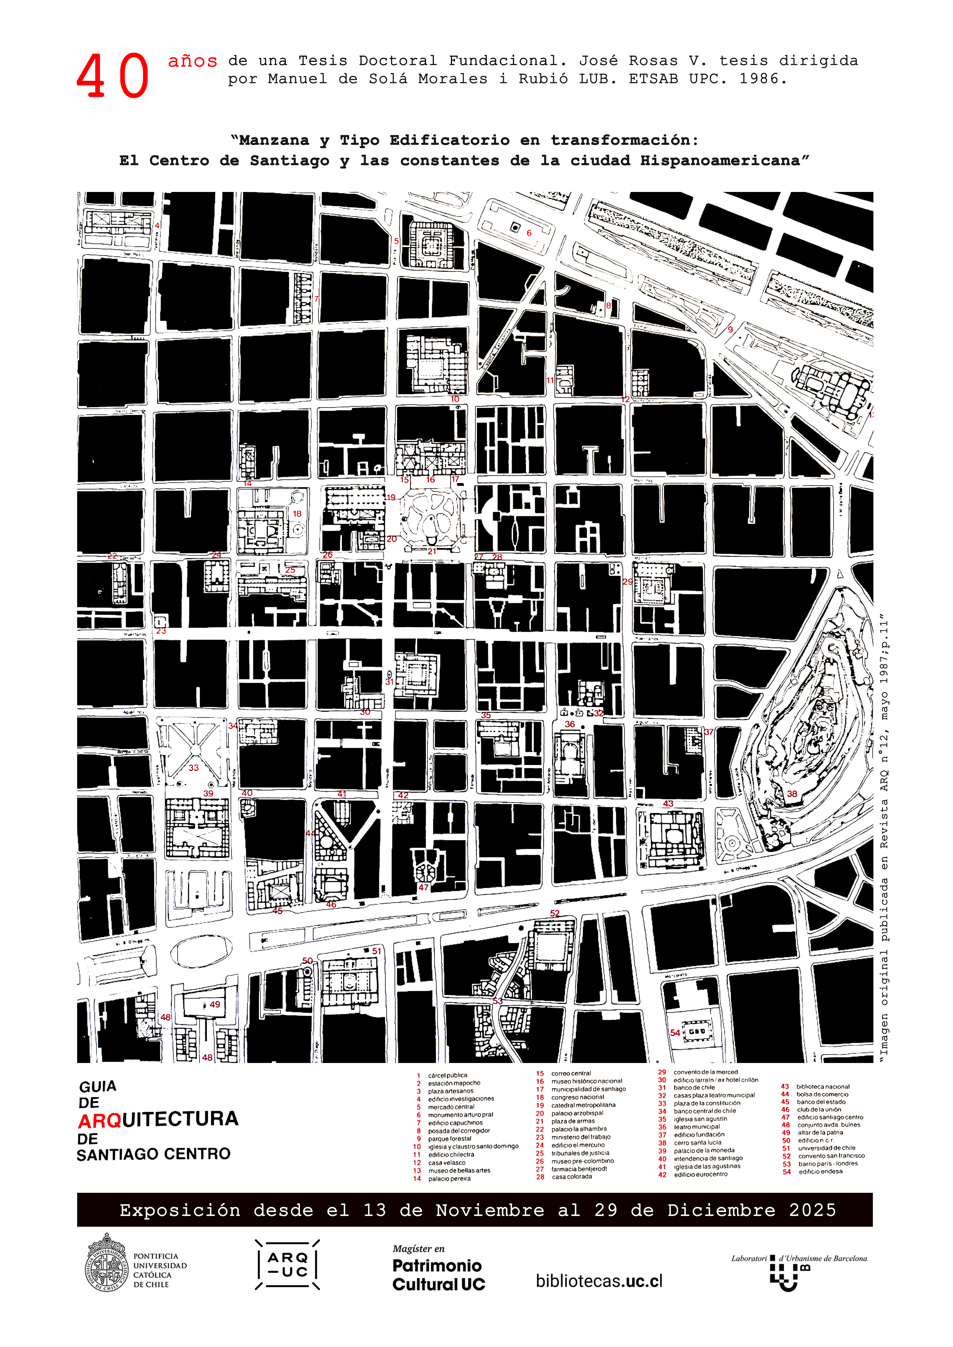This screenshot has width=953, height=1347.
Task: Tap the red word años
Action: tap(193, 61)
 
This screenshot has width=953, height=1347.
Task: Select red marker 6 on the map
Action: tap(529, 233)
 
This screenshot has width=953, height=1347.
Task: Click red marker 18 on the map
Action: tap(297, 513)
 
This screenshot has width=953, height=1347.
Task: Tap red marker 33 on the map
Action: tap(194, 767)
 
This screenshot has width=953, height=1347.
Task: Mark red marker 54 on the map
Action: tap(675, 1033)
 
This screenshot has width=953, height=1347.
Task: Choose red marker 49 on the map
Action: tap(215, 1004)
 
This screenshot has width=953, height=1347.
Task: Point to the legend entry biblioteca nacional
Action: tap(823, 1087)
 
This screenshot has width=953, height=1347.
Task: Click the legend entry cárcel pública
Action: tap(447, 1075)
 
